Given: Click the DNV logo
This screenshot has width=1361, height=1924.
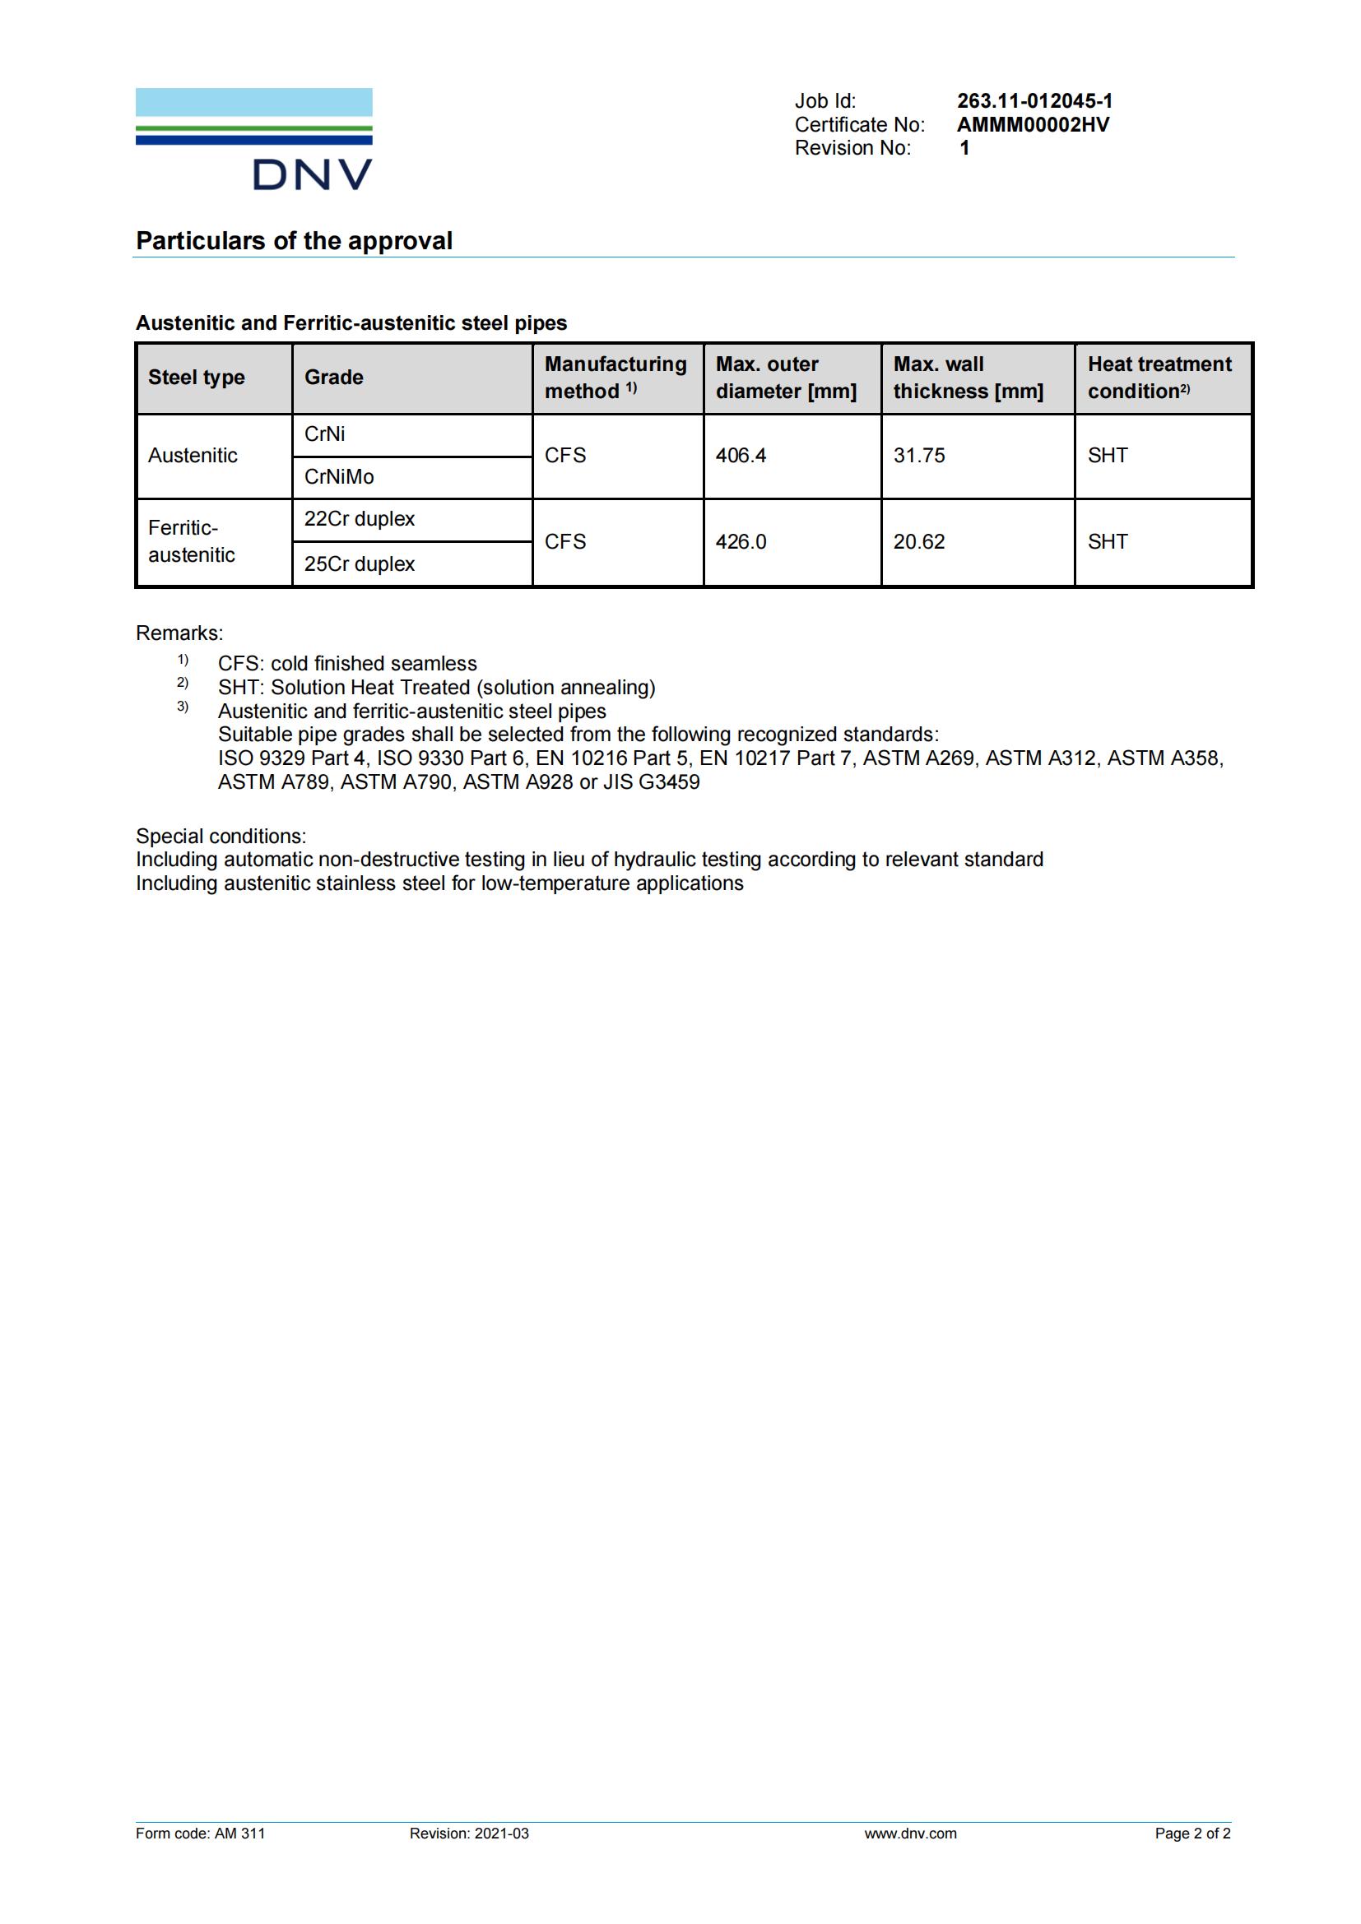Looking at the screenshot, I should coord(254,139).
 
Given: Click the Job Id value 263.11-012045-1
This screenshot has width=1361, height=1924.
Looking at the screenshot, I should coord(1034,101).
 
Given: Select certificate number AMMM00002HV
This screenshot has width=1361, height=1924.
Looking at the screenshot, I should coord(1033,125).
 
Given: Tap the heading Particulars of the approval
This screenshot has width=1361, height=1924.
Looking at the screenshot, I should coord(294,241).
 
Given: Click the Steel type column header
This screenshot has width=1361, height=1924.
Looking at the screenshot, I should coord(196,378).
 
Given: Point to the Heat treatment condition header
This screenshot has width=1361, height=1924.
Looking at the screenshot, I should coord(1159,378).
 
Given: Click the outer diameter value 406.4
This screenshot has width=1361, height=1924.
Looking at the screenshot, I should coord(740,456).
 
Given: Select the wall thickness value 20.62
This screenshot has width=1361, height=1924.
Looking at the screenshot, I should coord(918,542).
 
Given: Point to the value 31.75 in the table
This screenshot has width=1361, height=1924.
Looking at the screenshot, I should coord(918,456).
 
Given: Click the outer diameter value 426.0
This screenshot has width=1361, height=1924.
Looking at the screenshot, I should coord(740,542).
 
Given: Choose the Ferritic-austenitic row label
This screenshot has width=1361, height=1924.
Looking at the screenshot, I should coord(191,541).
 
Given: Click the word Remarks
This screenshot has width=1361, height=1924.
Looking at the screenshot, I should coord(179,633).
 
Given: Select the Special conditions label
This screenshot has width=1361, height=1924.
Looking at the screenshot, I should coord(221,837).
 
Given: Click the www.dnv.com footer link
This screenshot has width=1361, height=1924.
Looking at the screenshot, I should coord(910,1834).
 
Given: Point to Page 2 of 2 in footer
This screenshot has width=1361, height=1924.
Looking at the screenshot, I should coord(1191,1834).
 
